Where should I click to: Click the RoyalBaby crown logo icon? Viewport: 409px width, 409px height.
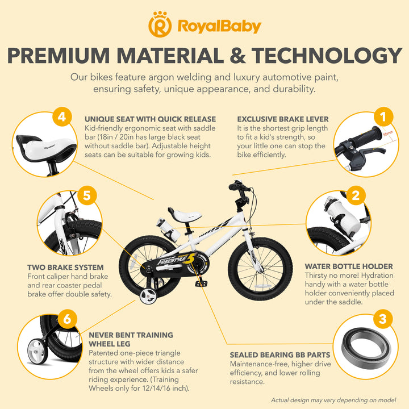(160, 24)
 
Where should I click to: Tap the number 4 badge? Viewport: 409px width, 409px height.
(62, 116)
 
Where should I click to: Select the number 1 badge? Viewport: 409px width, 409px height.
(383, 116)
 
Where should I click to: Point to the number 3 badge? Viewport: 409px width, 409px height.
(382, 319)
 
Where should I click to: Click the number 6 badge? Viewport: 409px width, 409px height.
(67, 319)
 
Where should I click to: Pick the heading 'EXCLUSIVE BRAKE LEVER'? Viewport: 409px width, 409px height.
(283, 119)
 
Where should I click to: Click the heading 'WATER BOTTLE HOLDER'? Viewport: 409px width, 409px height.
(349, 266)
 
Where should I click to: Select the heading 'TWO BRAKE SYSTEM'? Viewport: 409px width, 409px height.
(65, 268)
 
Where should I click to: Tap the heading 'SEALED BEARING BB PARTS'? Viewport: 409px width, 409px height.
(280, 355)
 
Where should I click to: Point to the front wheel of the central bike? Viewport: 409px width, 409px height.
(260, 269)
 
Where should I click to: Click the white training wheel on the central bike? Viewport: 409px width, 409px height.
(148, 296)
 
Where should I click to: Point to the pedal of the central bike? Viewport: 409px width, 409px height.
(201, 284)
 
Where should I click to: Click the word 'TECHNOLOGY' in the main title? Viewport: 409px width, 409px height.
(327, 56)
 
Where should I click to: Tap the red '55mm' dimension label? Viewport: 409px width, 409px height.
(388, 133)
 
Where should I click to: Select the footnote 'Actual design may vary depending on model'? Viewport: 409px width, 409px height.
(333, 400)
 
